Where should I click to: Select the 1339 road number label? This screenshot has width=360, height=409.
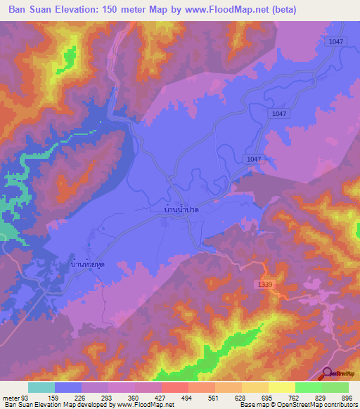263,283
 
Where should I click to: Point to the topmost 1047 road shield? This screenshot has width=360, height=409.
335,42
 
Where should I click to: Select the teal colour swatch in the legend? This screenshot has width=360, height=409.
41,387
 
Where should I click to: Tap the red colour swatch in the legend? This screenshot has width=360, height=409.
175,387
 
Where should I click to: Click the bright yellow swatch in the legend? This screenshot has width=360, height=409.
282,387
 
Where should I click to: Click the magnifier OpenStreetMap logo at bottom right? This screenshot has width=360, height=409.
328,375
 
